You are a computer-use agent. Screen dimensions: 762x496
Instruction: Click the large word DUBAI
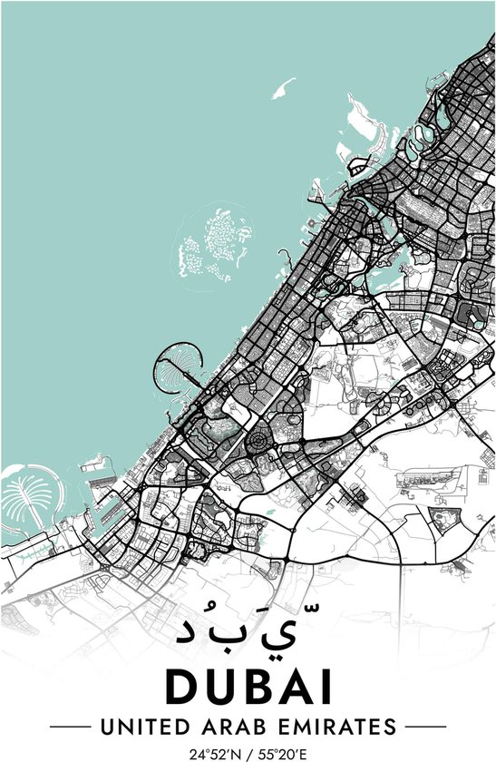click(248, 688)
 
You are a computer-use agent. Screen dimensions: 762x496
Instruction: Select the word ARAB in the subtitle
click(229, 727)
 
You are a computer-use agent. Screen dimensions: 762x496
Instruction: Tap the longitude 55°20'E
click(281, 753)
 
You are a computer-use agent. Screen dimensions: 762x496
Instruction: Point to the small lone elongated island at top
click(284, 89)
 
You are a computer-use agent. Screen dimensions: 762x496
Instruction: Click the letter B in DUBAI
click(254, 688)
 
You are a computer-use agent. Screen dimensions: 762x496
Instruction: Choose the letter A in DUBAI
click(292, 688)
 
